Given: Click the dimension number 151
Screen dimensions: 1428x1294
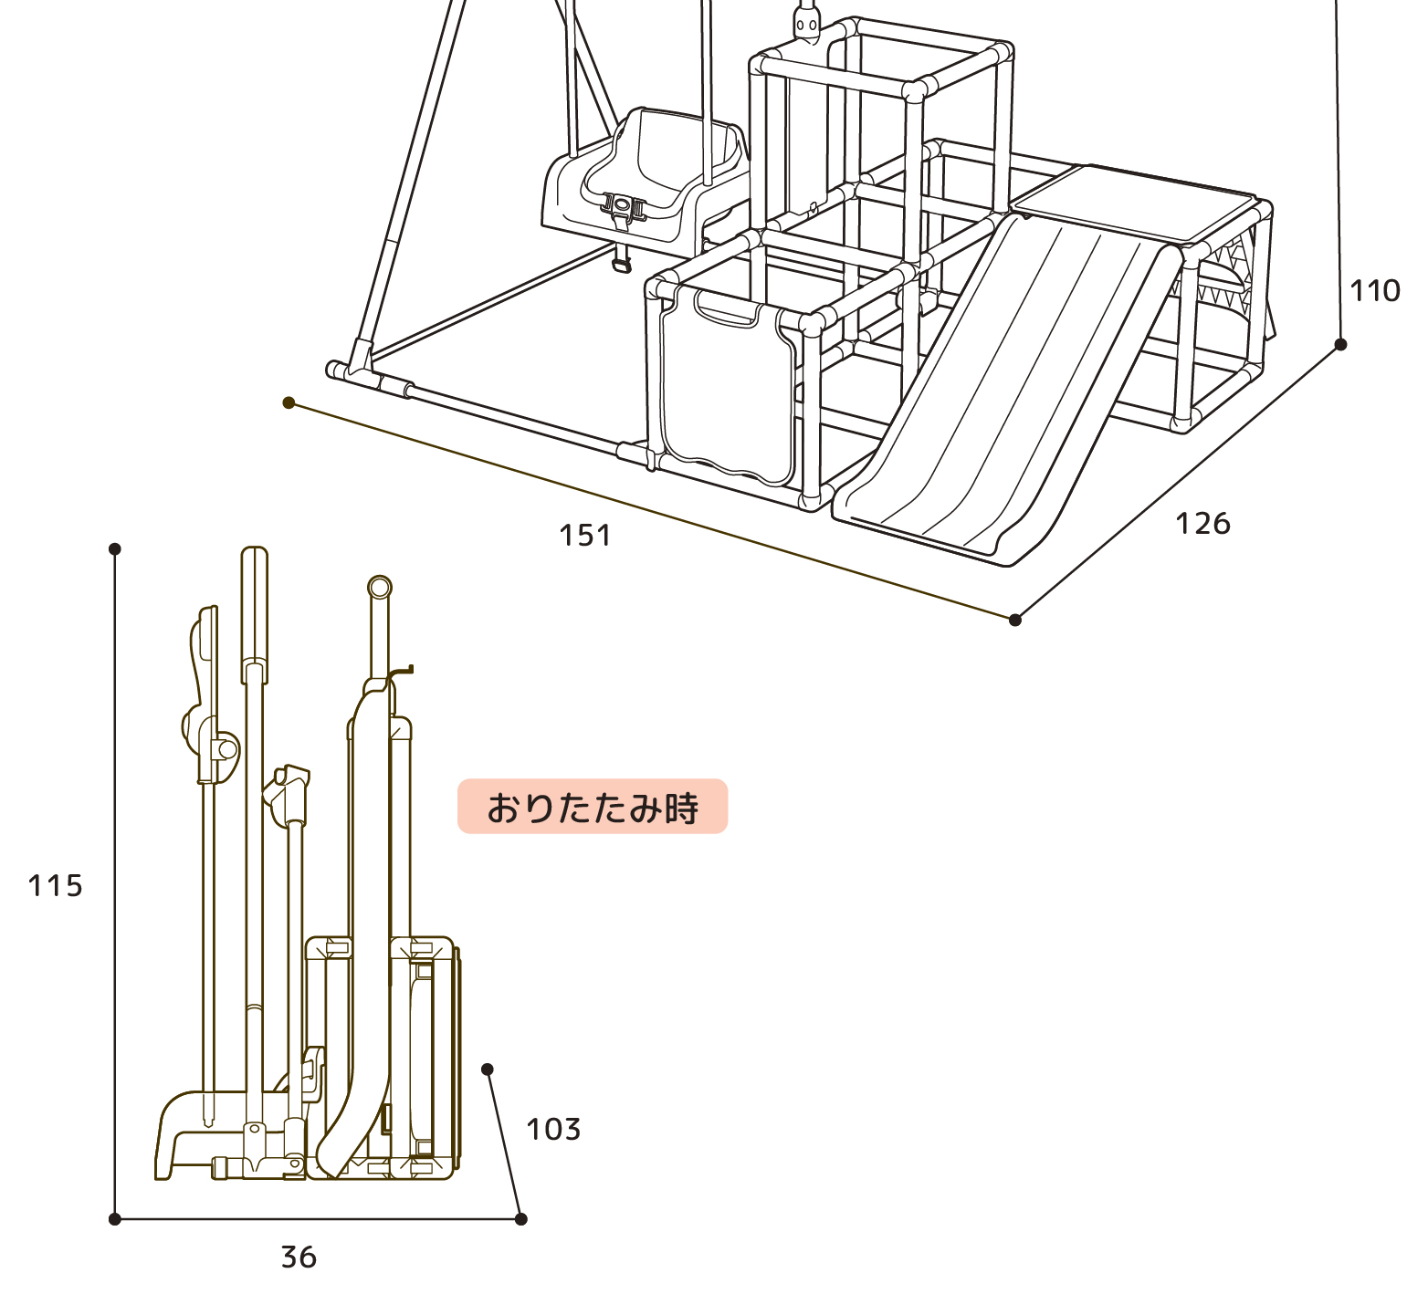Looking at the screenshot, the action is coord(585,535).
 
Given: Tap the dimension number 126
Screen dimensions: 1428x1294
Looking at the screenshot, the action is coord(1202,523).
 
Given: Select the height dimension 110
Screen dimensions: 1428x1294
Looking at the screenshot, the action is coord(1375,290).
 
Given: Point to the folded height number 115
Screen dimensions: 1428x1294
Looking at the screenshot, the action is coord(56,885).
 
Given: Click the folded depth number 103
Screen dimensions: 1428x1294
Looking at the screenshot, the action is coord(553,1129).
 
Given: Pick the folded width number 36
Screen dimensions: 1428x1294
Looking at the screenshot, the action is coord(299,1257).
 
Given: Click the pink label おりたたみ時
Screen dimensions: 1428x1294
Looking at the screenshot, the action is coord(593,807).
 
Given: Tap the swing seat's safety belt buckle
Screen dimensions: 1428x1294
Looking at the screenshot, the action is coord(625,206).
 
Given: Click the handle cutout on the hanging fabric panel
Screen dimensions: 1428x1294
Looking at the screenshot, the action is coord(727,310).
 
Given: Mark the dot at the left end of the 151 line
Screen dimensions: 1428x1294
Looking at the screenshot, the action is coord(289,402).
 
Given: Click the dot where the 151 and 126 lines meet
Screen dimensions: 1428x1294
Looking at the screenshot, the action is coord(1015,620).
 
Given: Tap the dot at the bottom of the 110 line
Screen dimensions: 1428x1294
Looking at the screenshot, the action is coord(1340,344).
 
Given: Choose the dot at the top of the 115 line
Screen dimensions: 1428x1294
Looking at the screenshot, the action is coord(115,548).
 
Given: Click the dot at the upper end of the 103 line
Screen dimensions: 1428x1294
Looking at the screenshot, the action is coord(488,1070).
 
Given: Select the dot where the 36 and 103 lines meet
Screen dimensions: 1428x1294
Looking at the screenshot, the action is coord(521,1219).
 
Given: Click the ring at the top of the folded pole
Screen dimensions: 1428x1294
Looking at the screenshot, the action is coord(380,587).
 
